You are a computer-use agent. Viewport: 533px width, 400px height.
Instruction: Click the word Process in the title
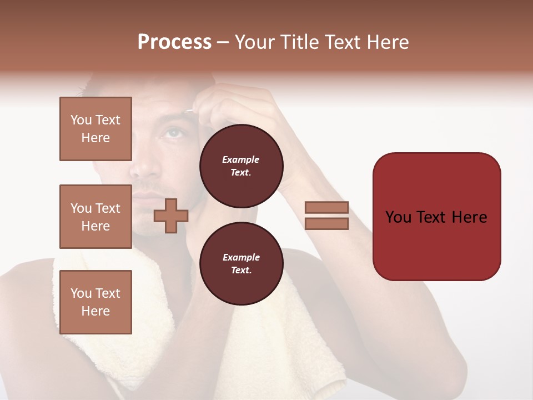(x=174, y=42)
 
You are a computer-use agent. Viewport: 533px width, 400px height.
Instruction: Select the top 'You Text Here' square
(x=95, y=129)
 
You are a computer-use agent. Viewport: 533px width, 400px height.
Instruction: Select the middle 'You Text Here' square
(x=95, y=217)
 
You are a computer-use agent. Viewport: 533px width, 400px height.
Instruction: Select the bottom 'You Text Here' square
(x=95, y=302)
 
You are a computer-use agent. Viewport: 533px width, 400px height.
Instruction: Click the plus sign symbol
(x=171, y=216)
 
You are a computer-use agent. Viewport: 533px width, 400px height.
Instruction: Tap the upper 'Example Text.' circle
(x=241, y=166)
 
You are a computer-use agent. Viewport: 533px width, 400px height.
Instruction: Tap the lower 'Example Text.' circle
(x=241, y=263)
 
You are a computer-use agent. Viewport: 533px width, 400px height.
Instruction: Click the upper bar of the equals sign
(x=326, y=208)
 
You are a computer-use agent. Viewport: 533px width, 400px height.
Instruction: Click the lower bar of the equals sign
(x=326, y=224)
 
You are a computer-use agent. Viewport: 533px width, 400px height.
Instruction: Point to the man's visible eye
(x=173, y=133)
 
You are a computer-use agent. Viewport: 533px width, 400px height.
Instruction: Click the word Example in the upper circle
(x=241, y=159)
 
